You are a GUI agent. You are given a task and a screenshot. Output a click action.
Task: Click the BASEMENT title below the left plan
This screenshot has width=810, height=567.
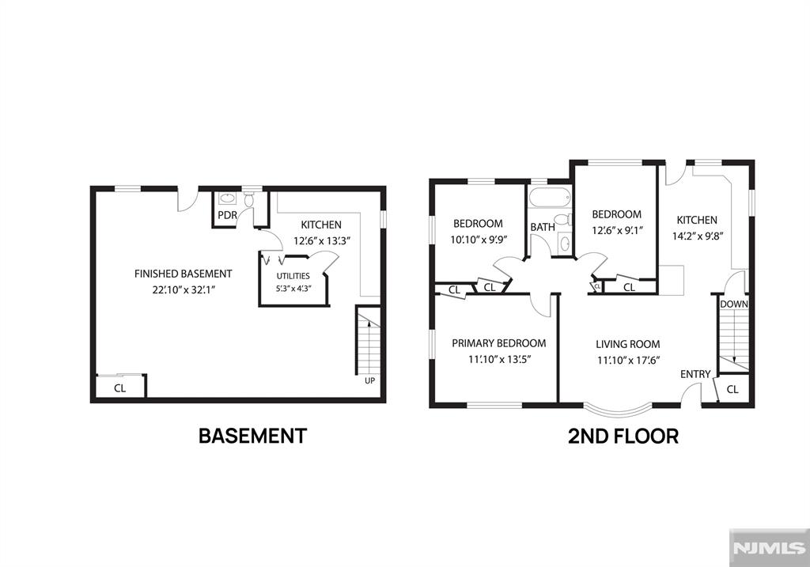pos(252,436)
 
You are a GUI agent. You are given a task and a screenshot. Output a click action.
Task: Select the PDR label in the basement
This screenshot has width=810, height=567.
pos(227,215)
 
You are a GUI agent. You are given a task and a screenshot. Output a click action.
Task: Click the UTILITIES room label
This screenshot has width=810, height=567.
pos(293,276)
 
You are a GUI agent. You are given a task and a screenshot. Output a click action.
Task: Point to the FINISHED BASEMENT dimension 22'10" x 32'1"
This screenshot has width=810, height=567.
pos(184,289)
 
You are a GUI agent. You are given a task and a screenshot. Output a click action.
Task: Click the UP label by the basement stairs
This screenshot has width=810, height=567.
pos(370,380)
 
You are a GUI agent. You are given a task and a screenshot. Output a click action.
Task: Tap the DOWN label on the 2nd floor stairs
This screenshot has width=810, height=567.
pos(733,304)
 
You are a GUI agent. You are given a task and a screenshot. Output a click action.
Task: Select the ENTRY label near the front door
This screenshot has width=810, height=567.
pos(695,374)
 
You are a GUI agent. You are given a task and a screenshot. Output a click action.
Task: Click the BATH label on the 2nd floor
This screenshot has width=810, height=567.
pos(543,227)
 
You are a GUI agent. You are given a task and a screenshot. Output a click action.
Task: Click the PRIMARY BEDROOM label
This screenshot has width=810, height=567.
pos(498,343)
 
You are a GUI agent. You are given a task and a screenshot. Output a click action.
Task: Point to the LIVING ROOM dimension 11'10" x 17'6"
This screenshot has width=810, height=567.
pos(628,360)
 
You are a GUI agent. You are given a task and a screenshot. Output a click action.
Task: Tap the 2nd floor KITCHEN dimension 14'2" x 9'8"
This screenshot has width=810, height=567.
pos(697,236)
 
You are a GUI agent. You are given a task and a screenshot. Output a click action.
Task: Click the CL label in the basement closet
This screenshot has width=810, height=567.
pos(120,387)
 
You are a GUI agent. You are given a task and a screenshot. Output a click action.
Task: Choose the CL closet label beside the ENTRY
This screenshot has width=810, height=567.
pos(732,389)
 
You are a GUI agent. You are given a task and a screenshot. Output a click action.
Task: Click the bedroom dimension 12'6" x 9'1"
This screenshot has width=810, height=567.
pos(617,230)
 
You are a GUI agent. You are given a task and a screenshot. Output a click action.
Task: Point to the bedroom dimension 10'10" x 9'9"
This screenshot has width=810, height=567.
pos(479,239)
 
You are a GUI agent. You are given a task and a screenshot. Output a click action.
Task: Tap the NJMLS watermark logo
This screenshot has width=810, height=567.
pos(770,548)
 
